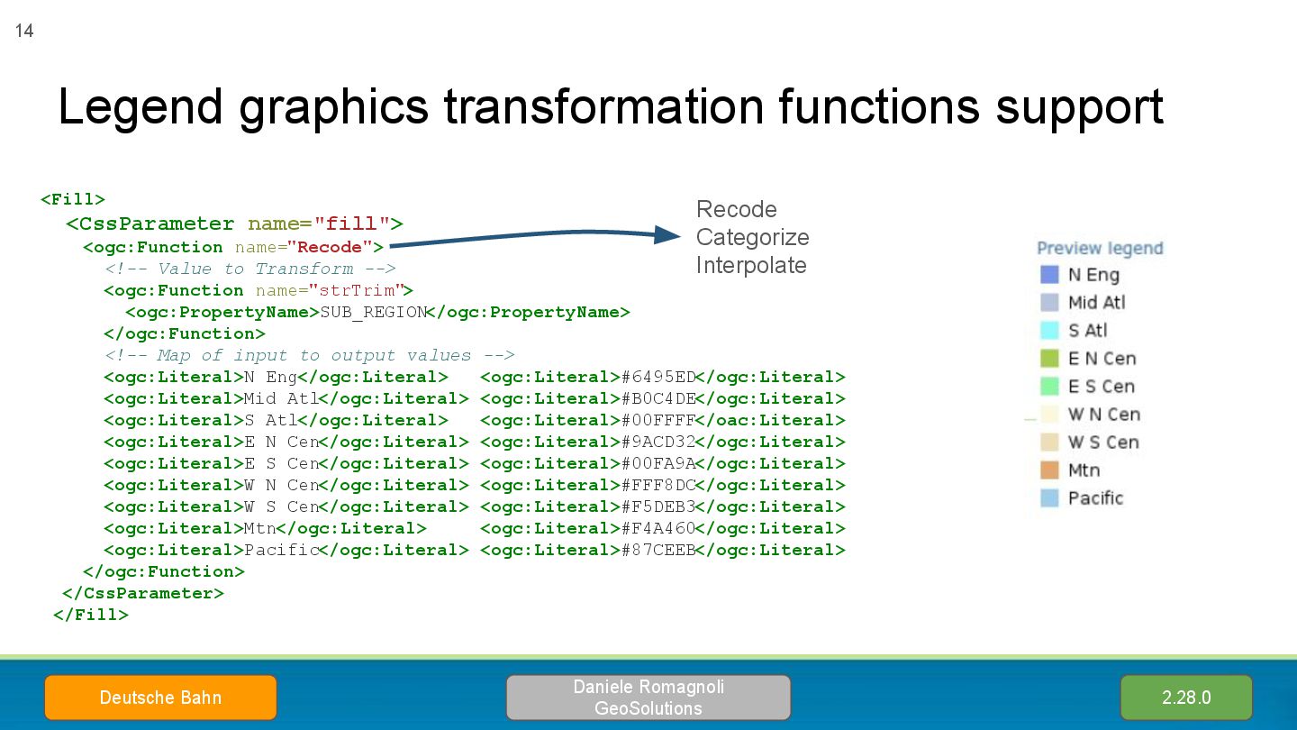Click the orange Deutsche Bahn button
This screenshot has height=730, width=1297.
[160, 698]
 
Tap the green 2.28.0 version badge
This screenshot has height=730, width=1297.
[1185, 698]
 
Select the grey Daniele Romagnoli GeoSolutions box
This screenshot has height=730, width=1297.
[648, 698]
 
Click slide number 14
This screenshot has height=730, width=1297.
[24, 32]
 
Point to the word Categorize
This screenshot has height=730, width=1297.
[752, 237]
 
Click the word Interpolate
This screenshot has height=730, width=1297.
[750, 265]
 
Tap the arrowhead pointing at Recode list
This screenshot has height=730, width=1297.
[668, 235]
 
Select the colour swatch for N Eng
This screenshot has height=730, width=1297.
[1049, 275]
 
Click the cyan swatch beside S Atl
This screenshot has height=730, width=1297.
[1049, 331]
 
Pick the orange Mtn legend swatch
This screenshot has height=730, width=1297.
[1049, 470]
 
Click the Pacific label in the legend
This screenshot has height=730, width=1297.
[1095, 498]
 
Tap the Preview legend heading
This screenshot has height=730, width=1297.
[1100, 248]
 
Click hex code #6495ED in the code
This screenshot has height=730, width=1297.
[658, 377]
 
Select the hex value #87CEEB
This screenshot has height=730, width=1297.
[658, 550]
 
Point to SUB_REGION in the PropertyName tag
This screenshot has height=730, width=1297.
[373, 312]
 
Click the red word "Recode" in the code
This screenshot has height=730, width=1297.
[330, 247]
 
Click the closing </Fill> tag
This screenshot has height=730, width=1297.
[91, 615]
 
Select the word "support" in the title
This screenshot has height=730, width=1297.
[1079, 106]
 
